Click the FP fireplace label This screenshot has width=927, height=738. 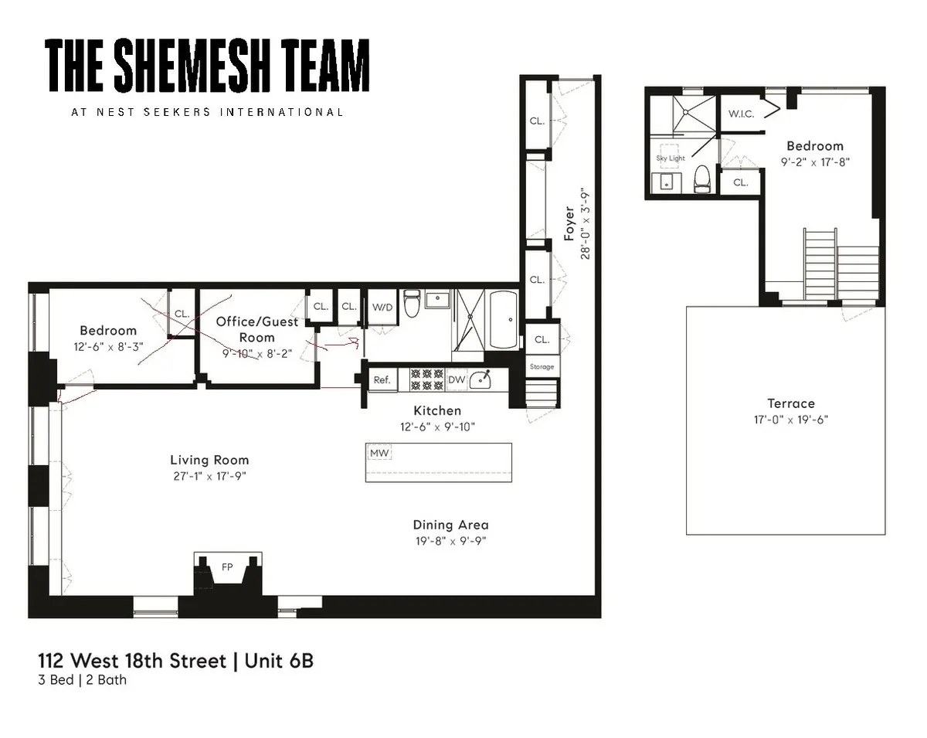[227, 566]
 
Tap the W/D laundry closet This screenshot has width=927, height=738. [382, 307]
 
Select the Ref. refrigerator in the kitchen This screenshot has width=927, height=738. [382, 380]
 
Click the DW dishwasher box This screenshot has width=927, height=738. [456, 380]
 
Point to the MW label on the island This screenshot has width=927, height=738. [379, 453]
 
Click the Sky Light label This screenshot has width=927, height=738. [670, 158]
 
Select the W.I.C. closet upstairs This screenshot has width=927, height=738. [741, 114]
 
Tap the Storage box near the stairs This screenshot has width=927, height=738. [542, 366]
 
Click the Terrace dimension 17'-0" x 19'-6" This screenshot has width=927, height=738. [790, 420]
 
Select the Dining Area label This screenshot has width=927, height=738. [450, 525]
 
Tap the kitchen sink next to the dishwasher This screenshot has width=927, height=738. [484, 379]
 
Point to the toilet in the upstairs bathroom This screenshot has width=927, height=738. [702, 179]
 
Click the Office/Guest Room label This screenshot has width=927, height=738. [256, 329]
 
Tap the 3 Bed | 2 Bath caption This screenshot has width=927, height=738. [83, 681]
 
